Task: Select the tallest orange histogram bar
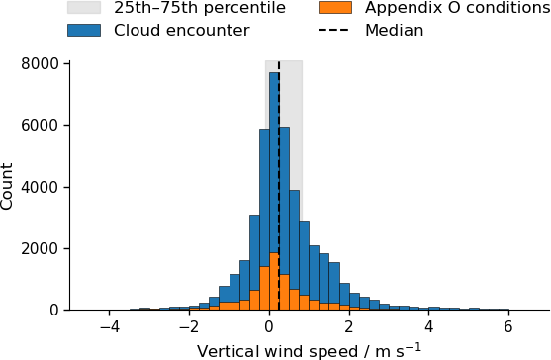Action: pos(274,281)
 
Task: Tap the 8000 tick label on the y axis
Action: pos(40,64)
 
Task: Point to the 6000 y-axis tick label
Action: pos(40,126)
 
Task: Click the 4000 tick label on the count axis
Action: pos(40,187)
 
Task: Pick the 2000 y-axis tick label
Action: pos(40,248)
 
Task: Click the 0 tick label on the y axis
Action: pos(54,311)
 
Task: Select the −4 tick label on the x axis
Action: pos(109,327)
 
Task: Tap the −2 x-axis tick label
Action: pos(189,327)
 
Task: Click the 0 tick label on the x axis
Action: pos(269,327)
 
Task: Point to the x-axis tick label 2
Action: pos(349,327)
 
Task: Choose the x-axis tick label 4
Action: pos(428,327)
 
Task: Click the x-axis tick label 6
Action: pos(508,327)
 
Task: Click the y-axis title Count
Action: pos(6,187)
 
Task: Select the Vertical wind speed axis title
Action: pos(309,351)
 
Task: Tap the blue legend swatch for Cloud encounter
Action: pos(84,31)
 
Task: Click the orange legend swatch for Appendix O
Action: pos(335,7)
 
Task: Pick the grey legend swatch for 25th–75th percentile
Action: pos(84,7)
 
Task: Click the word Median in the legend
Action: pos(395,31)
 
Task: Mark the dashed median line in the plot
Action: pos(279,186)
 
